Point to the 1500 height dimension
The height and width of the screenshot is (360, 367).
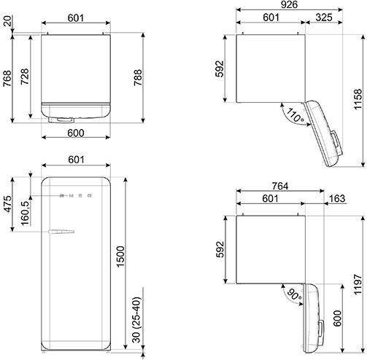[121, 256]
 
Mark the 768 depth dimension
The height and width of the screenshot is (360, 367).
[7, 78]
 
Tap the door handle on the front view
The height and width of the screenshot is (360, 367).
[61, 232]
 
